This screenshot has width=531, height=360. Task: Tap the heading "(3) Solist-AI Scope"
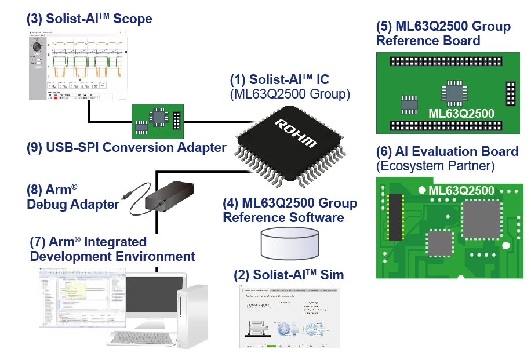89,19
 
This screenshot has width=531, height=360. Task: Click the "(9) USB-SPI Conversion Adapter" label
126,147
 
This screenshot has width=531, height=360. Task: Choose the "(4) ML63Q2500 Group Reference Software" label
289,210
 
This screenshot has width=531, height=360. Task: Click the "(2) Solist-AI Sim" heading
288,275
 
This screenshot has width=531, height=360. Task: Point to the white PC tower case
191,316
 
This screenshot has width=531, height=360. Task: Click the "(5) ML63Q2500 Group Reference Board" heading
443,34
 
